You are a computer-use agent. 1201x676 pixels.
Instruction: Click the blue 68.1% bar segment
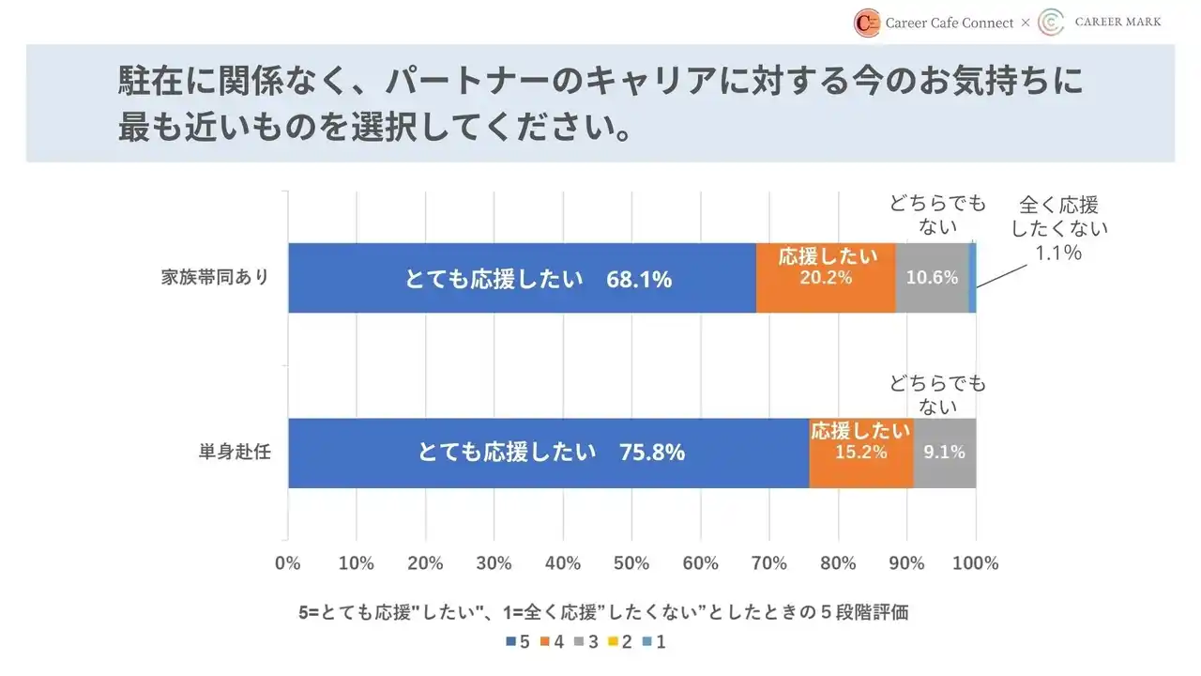point(522,278)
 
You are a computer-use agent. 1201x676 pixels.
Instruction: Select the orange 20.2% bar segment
point(826,278)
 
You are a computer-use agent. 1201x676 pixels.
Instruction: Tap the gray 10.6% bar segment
point(932,278)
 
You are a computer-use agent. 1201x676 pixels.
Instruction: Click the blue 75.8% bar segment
point(548,453)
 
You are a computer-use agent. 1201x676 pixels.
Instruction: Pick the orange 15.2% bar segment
point(860,453)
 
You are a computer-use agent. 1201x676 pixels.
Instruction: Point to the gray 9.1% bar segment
point(944,453)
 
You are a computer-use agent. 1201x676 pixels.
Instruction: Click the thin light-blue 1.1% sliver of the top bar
point(973,278)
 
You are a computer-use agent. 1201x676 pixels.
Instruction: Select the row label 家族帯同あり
point(216,278)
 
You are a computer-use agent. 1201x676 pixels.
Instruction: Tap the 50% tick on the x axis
point(631,563)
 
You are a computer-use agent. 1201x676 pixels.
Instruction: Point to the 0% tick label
point(288,563)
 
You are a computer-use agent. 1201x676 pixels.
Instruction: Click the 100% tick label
point(976,563)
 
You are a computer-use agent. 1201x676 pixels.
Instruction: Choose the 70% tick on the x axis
point(769,563)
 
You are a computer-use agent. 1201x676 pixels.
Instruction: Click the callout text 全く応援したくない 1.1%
point(1058,228)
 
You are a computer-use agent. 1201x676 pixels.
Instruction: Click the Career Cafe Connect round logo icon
point(867,23)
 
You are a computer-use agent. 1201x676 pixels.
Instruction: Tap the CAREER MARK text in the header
point(1117,23)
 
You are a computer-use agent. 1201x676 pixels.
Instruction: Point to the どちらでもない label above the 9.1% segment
point(937,394)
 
